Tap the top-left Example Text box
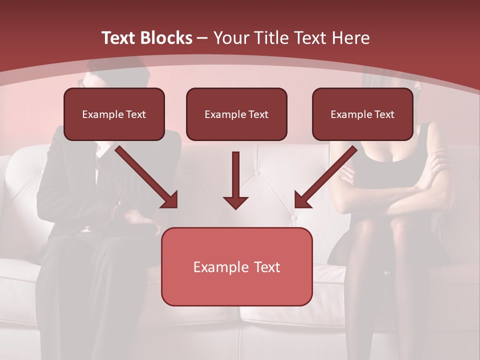(x=114, y=114)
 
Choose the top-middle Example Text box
(x=236, y=114)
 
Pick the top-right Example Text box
(x=362, y=114)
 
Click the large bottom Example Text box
(x=236, y=266)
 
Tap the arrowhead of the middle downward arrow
(x=235, y=202)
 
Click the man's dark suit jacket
(x=65, y=190)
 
